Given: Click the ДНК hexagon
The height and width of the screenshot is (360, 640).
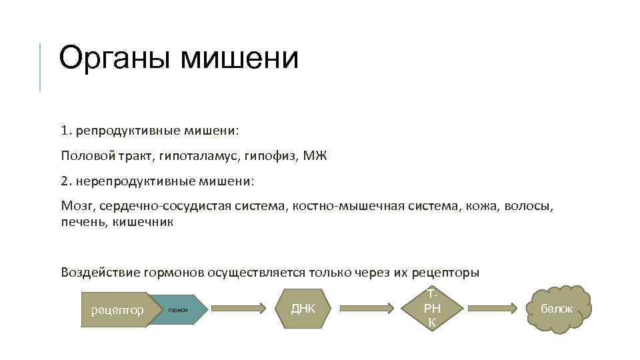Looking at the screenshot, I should [303, 309].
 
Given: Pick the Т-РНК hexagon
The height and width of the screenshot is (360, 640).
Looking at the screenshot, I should [431, 309].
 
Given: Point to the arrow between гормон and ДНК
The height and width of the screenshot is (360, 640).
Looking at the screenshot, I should [243, 309].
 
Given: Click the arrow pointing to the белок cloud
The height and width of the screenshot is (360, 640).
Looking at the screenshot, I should [493, 309].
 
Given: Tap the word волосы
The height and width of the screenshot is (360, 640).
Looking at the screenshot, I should [530, 206].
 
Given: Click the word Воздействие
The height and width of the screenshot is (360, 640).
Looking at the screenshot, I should [98, 273].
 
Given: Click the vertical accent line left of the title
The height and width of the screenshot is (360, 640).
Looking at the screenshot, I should [40, 67].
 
